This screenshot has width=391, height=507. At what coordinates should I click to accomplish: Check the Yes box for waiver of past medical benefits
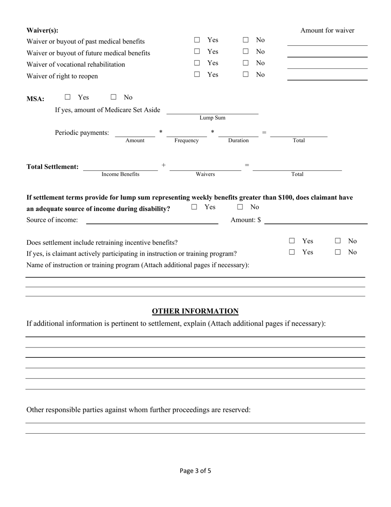[x=197, y=40]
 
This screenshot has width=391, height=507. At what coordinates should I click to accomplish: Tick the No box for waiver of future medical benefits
[x=246, y=52]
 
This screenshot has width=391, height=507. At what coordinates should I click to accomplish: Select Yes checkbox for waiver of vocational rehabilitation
[x=197, y=63]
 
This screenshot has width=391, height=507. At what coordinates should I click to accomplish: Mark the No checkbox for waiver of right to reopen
[x=246, y=75]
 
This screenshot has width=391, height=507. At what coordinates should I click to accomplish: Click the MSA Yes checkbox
[x=67, y=97]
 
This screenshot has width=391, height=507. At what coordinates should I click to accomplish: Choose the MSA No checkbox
[x=114, y=97]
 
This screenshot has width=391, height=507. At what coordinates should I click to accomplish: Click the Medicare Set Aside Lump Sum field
[x=212, y=110]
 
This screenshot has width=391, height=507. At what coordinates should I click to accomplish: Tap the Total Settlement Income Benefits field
[x=120, y=167]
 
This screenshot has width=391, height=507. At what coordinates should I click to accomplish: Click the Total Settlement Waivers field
[x=205, y=167]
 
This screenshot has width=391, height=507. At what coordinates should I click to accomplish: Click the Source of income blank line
[x=152, y=220]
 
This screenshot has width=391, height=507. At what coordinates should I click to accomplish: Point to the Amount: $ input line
[x=316, y=220]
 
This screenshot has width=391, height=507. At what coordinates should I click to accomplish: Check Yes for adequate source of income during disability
[x=194, y=207]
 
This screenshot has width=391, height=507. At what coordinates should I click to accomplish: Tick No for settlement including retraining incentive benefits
[x=338, y=241]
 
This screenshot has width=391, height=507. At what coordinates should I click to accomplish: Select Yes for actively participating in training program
[x=292, y=252]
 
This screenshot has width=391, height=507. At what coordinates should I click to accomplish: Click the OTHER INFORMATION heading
[x=195, y=311]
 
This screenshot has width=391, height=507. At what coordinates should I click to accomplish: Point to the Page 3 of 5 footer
[x=195, y=471]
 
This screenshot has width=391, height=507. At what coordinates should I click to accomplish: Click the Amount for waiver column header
[x=327, y=31]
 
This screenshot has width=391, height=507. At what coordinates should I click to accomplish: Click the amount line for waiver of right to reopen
[x=327, y=76]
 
